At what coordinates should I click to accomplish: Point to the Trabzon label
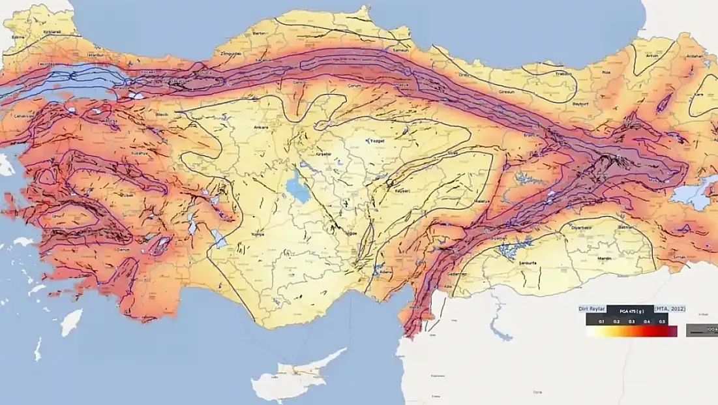point(565,74)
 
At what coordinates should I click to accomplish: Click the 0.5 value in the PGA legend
point(663,322)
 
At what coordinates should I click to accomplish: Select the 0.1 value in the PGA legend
point(601,322)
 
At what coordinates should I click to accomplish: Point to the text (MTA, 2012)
point(670,308)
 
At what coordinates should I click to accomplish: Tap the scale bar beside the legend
point(704,331)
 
